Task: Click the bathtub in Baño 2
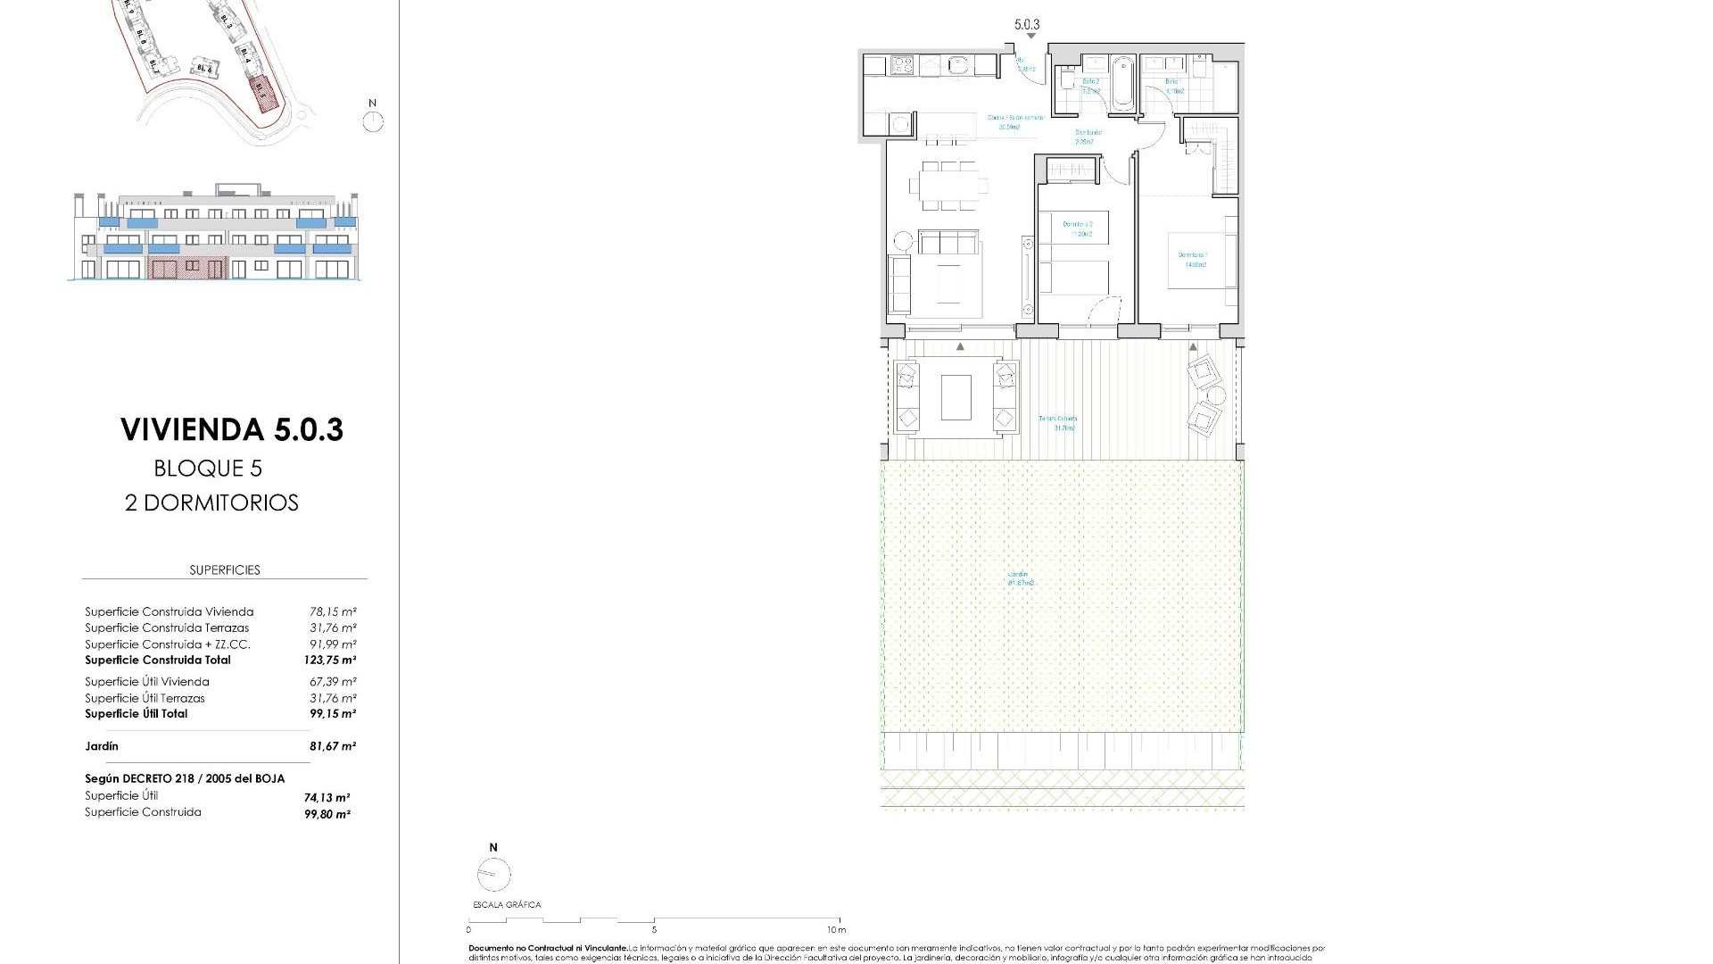coord(1122,83)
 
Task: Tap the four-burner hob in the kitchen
coord(902,65)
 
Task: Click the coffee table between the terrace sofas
coord(956,397)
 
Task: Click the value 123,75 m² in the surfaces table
coord(329,661)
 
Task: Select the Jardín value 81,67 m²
coord(332,746)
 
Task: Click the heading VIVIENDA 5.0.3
coord(232,429)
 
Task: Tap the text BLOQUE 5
coord(208,469)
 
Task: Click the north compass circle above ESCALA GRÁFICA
coord(493,875)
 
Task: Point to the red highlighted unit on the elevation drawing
coord(186,267)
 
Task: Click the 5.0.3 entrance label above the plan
coord(1027,26)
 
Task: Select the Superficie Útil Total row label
coord(136,714)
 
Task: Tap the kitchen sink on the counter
coord(960,64)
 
